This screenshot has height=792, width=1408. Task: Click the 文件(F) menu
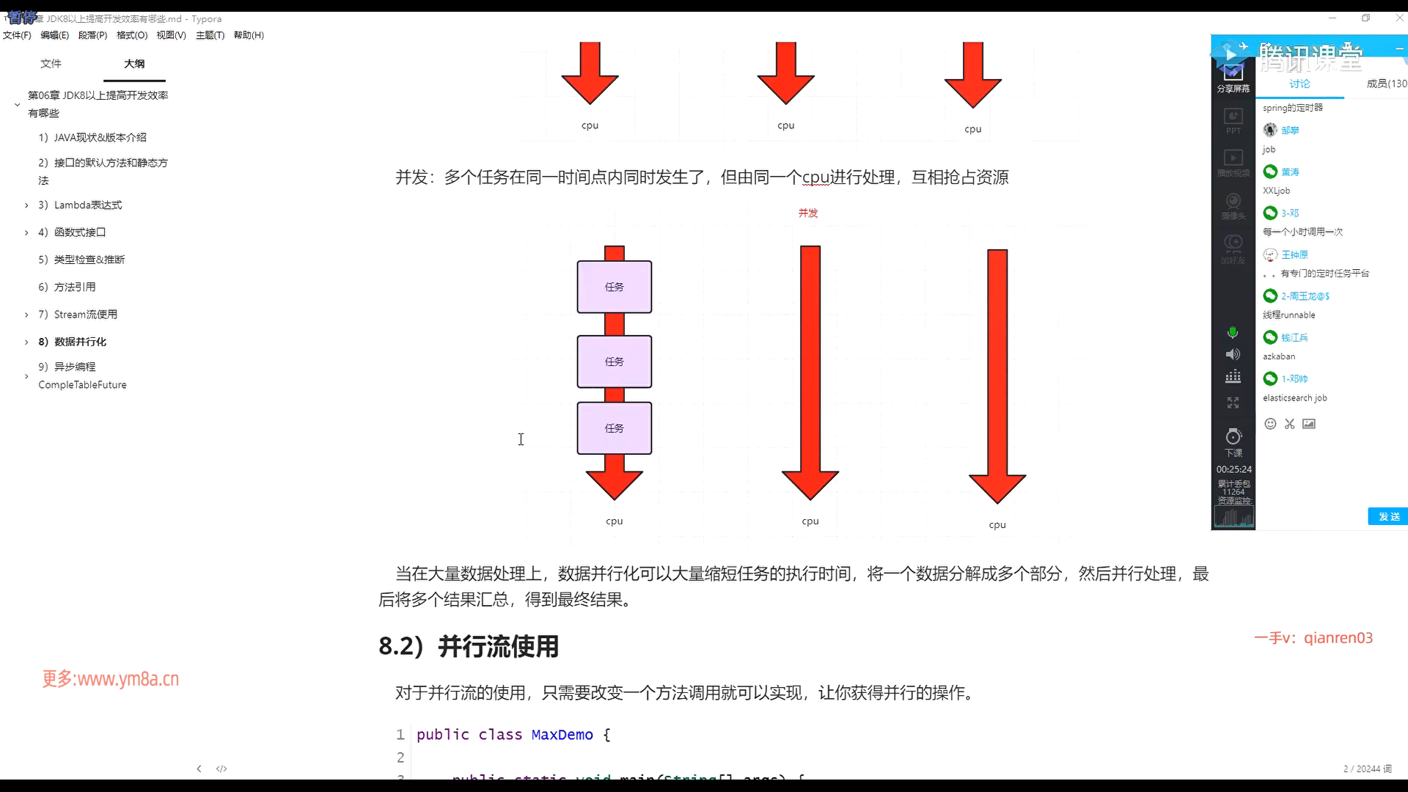[17, 35]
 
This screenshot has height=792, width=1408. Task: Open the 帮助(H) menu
[249, 35]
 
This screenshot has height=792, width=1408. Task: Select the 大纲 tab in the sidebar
[134, 64]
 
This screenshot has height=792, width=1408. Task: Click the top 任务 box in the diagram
[615, 287]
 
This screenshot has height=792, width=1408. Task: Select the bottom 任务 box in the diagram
[615, 428]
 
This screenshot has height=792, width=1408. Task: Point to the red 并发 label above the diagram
[808, 213]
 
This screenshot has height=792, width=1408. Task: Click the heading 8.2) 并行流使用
[469, 647]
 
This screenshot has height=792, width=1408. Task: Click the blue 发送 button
[1388, 517]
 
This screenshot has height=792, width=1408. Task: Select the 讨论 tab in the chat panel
[1299, 84]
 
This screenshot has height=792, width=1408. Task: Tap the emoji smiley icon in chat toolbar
[1270, 424]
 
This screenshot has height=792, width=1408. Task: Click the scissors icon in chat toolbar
[1289, 424]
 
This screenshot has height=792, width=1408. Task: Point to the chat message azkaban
[1279, 356]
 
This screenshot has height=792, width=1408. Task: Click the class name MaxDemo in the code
[562, 735]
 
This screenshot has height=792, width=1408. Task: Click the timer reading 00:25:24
[1234, 469]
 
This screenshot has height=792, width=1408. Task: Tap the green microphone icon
[1233, 333]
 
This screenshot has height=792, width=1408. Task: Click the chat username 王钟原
[1294, 255]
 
